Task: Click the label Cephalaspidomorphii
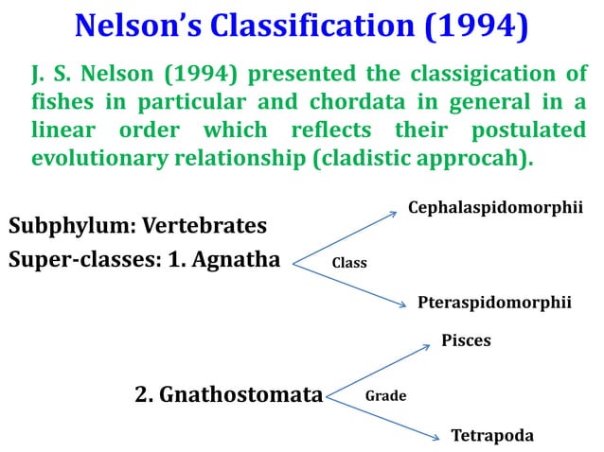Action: tap(494, 206)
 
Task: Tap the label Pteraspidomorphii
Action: tap(494, 302)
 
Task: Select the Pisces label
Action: tap(466, 340)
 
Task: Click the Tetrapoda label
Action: tap(491, 436)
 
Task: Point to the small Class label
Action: tap(348, 263)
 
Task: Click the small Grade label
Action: tap(385, 396)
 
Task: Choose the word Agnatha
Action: tap(236, 258)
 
